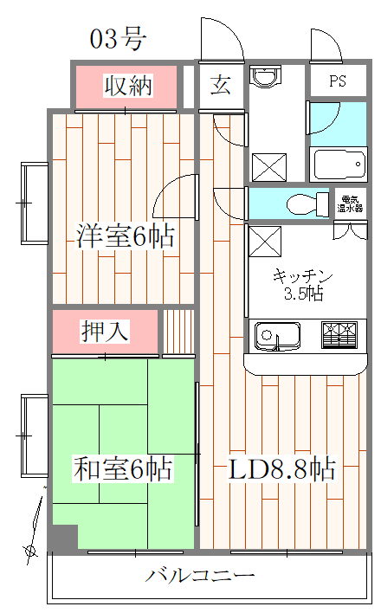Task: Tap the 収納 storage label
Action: coord(128,85)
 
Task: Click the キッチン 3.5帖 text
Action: coord(298,285)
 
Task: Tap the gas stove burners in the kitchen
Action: coord(339,335)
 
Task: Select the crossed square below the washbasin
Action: coord(268,165)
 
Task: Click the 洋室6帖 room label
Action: coord(125,236)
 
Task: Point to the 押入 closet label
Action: coord(106,331)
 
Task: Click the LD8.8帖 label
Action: coord(281,470)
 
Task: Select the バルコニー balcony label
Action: coord(200,575)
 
